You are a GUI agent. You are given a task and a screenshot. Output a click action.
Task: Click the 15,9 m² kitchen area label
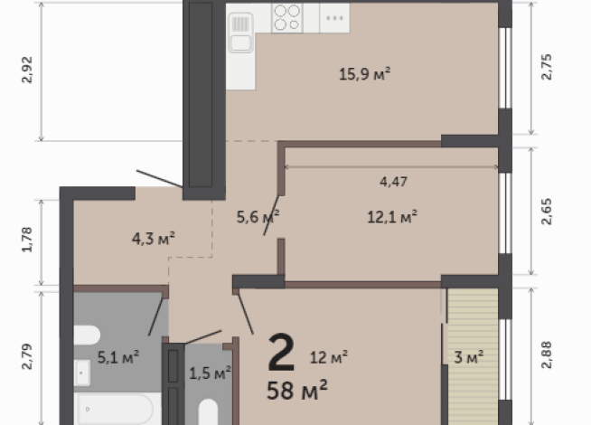click(x=364, y=73)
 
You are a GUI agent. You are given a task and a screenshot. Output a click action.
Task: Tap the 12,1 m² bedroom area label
click(x=392, y=217)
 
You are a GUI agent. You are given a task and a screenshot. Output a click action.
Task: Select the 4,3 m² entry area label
click(x=154, y=239)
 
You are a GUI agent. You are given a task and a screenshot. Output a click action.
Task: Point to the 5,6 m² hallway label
click(x=258, y=217)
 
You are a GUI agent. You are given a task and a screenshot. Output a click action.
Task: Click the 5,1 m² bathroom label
click(x=118, y=357)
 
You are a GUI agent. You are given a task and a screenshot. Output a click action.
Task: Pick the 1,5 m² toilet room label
click(x=210, y=373)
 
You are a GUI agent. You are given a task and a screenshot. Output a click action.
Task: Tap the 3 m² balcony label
click(x=468, y=357)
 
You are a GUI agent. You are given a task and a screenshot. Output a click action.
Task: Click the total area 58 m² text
click(x=297, y=390)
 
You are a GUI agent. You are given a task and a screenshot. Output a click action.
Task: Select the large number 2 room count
click(x=281, y=353)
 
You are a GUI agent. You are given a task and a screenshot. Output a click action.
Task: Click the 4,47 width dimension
click(x=393, y=182)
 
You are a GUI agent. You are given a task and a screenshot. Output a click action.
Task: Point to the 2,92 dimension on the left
click(x=27, y=70)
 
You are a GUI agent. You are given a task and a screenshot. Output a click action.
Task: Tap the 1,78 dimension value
click(x=27, y=240)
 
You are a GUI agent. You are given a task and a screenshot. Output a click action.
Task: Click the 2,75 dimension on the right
click(x=546, y=67)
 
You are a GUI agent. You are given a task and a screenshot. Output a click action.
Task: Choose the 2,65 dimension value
click(x=546, y=212)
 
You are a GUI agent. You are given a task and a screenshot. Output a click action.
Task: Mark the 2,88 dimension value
click(x=546, y=354)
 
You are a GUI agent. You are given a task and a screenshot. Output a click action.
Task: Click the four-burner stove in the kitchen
click(x=287, y=17)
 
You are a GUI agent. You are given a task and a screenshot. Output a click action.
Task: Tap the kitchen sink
click(x=240, y=33)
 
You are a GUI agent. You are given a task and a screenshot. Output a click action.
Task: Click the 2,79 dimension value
click(x=27, y=356)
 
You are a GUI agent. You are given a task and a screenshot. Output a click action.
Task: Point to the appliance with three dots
click(x=334, y=18)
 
